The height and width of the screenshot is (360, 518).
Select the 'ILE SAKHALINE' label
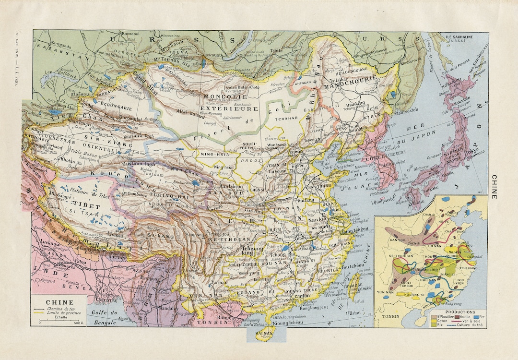tap(460, 37)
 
